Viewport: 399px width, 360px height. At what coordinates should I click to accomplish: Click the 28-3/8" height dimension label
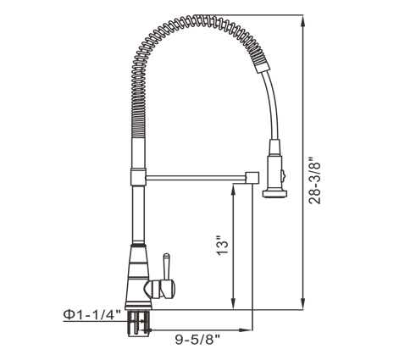(314, 180)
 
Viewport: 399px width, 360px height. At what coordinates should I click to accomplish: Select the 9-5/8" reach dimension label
(197, 340)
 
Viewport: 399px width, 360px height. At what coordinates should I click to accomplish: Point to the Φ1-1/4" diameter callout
(92, 314)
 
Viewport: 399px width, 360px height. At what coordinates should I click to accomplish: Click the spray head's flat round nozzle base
(274, 194)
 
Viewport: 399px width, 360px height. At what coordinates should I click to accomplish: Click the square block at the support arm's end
(252, 178)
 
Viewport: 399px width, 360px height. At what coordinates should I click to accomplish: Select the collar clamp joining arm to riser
(138, 177)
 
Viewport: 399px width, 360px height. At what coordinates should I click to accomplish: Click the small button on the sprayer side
(283, 174)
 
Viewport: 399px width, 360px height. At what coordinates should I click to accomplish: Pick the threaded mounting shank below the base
(138, 323)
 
